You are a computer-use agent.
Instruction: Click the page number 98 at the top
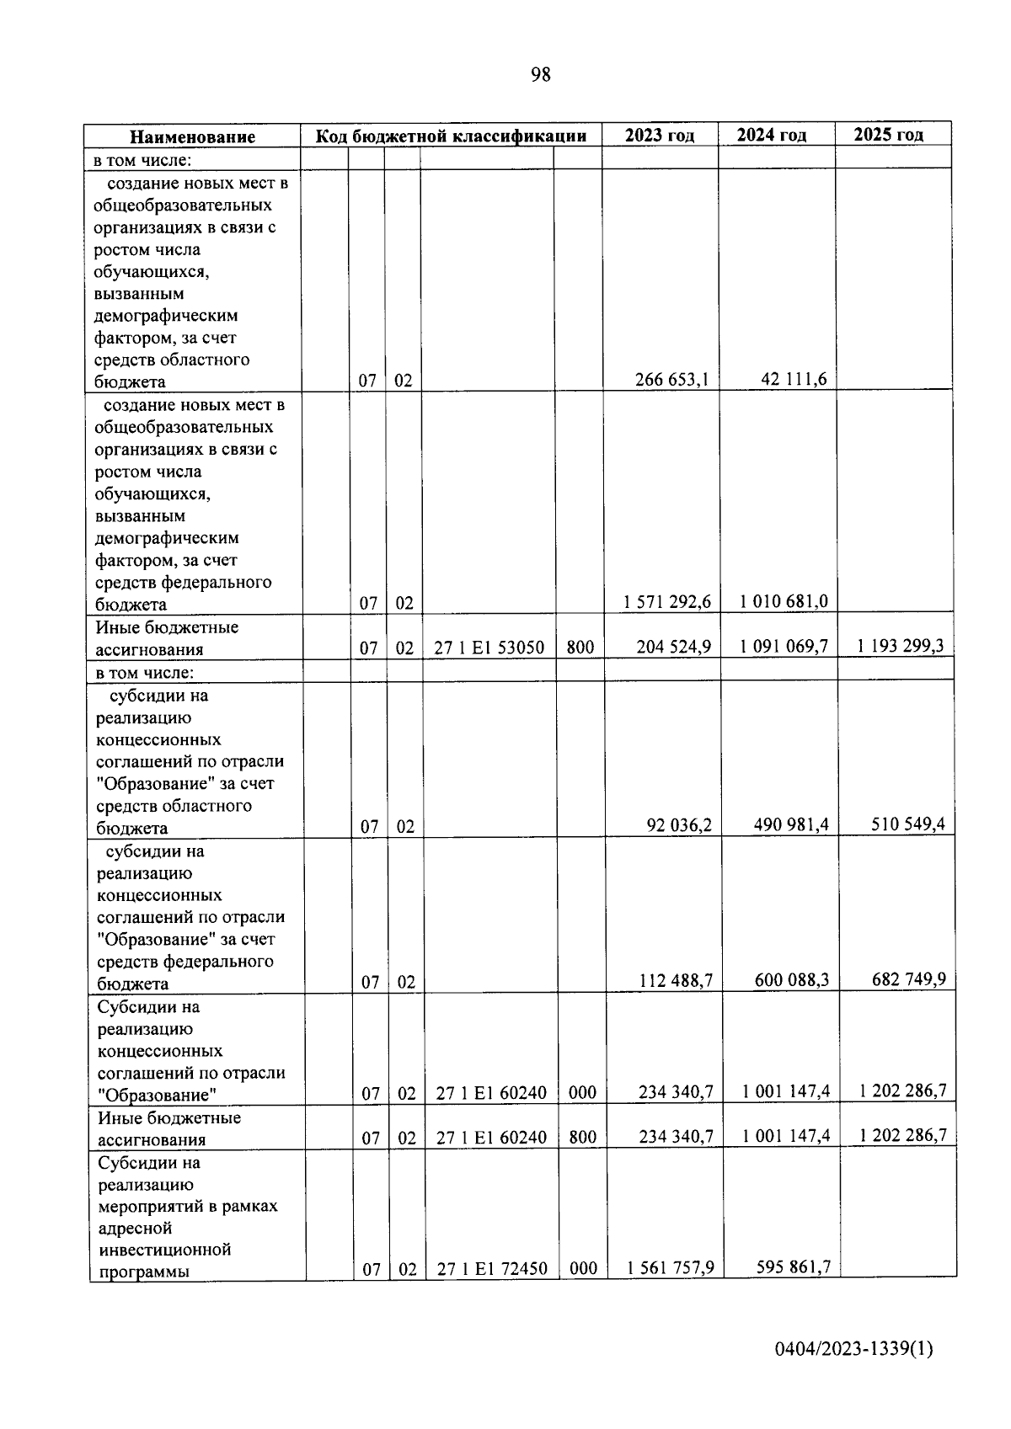tap(541, 75)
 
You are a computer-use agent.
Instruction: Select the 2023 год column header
tap(660, 136)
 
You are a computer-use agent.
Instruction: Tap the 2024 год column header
tap(772, 135)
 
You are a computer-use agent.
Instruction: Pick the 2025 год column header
tap(888, 134)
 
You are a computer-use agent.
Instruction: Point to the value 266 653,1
tap(671, 379)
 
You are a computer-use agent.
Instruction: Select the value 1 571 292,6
tap(667, 602)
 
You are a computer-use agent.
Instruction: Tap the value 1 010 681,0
tap(784, 601)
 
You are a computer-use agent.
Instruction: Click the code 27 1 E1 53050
tap(489, 648)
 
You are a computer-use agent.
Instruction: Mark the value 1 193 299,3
tap(901, 646)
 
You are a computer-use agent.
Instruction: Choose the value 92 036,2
tap(679, 825)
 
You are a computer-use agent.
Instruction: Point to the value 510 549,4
tap(908, 824)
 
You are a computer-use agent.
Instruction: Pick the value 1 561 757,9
tap(671, 1267)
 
